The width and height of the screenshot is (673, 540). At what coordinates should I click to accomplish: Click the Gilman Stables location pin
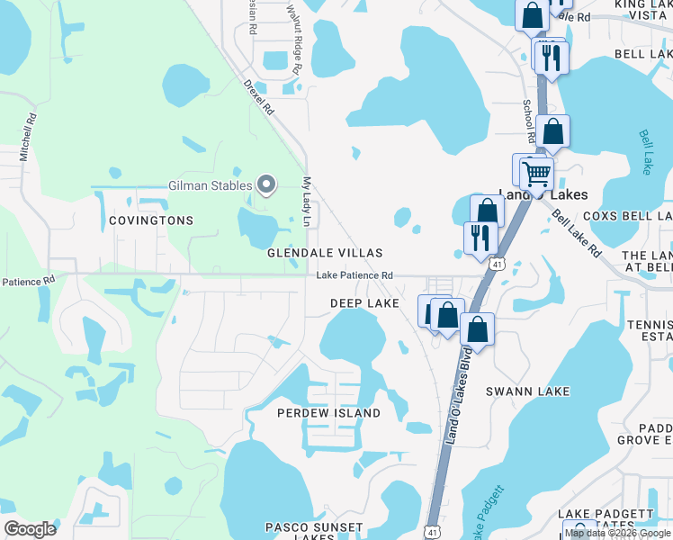(266, 185)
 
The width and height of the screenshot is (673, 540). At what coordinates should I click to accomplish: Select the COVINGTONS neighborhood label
(151, 220)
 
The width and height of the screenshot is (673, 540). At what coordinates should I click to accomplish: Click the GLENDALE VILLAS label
(325, 254)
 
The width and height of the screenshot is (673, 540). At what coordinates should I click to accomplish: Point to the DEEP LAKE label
(364, 304)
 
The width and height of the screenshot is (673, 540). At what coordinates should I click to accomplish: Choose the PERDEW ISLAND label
(328, 413)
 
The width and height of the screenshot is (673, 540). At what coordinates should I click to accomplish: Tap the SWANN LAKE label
(527, 391)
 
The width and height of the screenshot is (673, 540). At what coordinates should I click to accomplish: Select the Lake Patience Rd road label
(354, 275)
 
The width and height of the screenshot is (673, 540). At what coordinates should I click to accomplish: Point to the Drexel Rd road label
(258, 96)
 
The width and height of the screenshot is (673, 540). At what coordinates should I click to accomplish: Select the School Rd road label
(528, 119)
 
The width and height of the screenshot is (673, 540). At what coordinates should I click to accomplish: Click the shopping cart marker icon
(536, 173)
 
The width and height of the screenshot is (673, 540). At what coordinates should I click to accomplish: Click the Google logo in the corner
(31, 529)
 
